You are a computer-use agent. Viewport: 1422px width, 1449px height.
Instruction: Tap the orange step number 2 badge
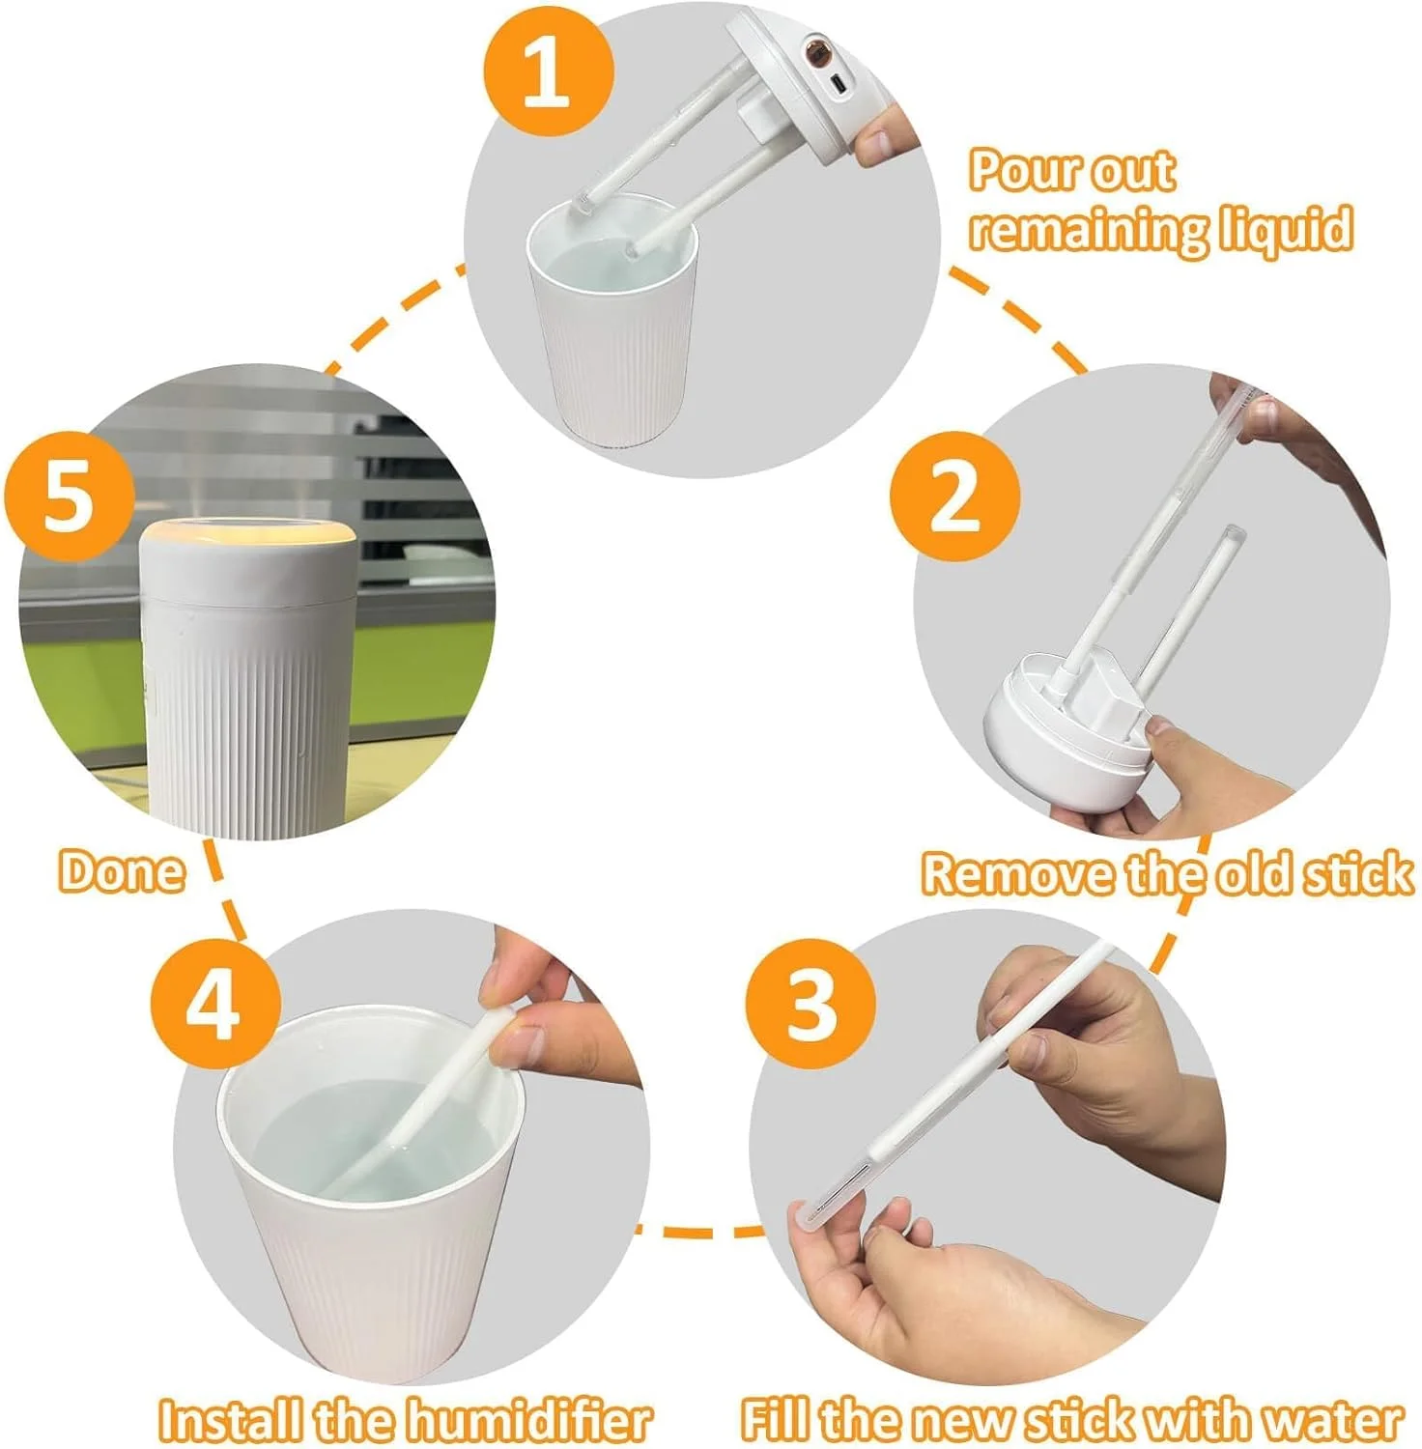point(954,496)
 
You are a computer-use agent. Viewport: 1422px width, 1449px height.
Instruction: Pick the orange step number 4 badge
point(215,1005)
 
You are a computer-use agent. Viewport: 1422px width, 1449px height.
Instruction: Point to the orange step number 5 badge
point(69,497)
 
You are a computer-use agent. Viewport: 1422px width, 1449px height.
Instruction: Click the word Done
point(122,870)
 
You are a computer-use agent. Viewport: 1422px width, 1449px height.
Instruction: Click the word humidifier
point(527,1421)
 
